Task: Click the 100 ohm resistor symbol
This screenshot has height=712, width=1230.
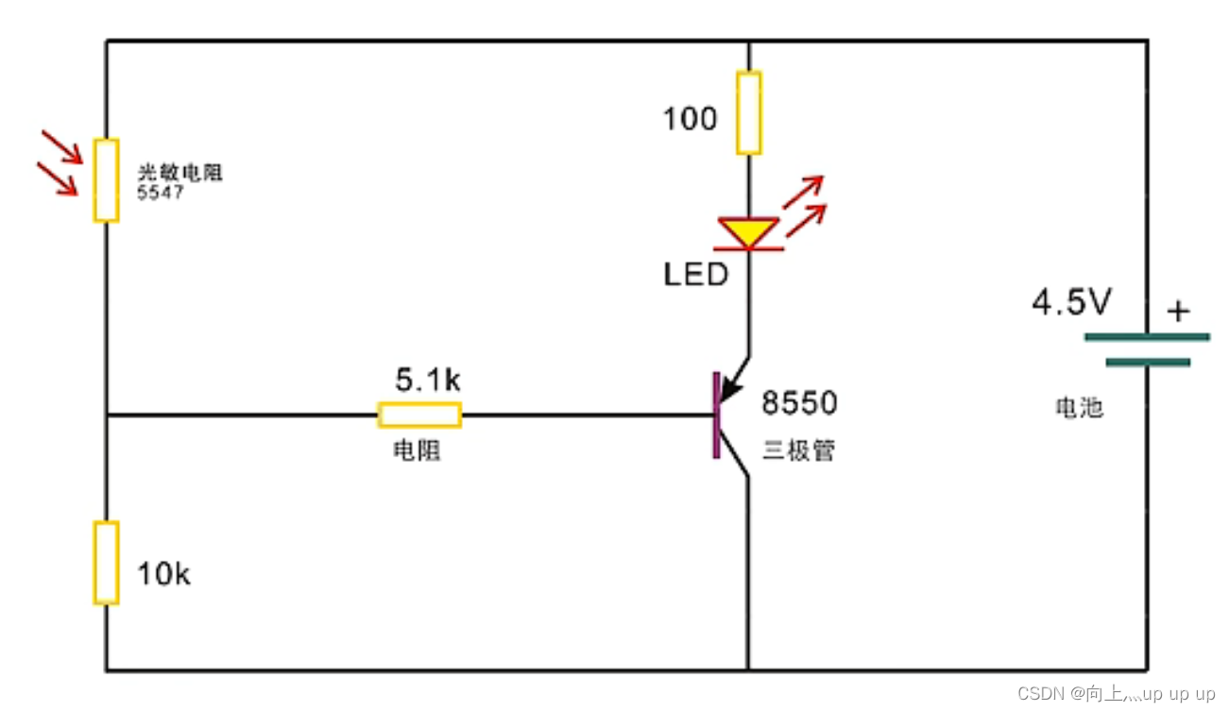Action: point(748,111)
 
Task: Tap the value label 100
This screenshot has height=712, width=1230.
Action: point(690,120)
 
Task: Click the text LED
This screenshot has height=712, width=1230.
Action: point(695,275)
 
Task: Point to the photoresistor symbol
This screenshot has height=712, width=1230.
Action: point(106,179)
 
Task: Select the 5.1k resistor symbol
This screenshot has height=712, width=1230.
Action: point(419,415)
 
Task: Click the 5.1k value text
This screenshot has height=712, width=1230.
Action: point(428,381)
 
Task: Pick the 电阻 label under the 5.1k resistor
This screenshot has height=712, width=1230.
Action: point(417,451)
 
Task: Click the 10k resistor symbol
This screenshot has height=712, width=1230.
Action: point(106,562)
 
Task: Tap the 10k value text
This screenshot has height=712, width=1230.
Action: point(163,573)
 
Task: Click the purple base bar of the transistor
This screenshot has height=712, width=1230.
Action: point(717,415)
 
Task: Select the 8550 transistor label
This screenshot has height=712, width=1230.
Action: point(799,404)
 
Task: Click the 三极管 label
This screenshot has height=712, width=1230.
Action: point(799,450)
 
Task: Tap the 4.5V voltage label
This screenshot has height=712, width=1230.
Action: point(1071,304)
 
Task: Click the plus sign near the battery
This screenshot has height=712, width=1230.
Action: point(1177,311)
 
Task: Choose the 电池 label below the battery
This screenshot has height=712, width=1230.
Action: point(1079,408)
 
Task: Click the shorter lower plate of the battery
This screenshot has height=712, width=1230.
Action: point(1147,362)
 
